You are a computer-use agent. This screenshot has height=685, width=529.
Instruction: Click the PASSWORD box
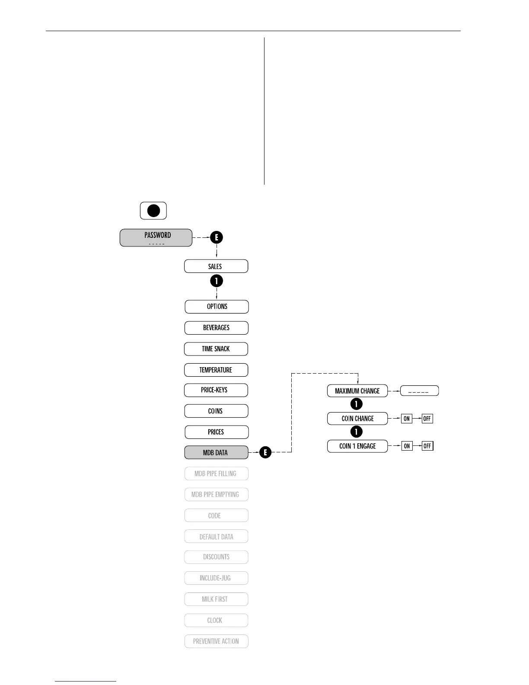point(156,238)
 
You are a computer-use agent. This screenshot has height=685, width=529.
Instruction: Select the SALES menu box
point(216,266)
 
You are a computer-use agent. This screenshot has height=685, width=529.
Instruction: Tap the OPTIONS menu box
point(217,307)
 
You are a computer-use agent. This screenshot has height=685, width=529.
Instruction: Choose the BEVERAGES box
point(216,328)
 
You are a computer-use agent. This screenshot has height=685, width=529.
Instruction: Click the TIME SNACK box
point(216,349)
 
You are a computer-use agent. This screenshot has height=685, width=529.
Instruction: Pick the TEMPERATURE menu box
point(216,370)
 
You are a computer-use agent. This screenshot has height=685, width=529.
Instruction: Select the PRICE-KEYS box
point(216,390)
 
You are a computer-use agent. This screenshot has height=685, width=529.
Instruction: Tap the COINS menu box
point(216,411)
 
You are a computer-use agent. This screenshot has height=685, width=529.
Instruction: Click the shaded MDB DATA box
point(216,453)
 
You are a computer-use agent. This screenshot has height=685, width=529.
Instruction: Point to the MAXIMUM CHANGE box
point(357,391)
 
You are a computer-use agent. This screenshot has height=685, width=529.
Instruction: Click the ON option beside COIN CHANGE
point(407,419)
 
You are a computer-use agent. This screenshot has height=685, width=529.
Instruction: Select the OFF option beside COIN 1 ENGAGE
point(427,446)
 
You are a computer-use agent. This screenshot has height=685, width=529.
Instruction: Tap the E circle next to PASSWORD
point(217,237)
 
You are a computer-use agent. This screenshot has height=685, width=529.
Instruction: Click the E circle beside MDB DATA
point(265,453)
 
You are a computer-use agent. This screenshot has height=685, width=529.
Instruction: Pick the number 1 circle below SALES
point(217,281)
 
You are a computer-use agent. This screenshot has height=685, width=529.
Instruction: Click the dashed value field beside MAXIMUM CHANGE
point(419,391)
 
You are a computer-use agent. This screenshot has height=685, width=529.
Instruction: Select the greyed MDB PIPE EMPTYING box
point(216,494)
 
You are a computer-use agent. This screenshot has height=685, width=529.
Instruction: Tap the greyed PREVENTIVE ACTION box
point(216,641)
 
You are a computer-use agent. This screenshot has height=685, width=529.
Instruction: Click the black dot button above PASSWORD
point(153,211)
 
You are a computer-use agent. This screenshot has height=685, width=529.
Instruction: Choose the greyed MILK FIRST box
point(216,599)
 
